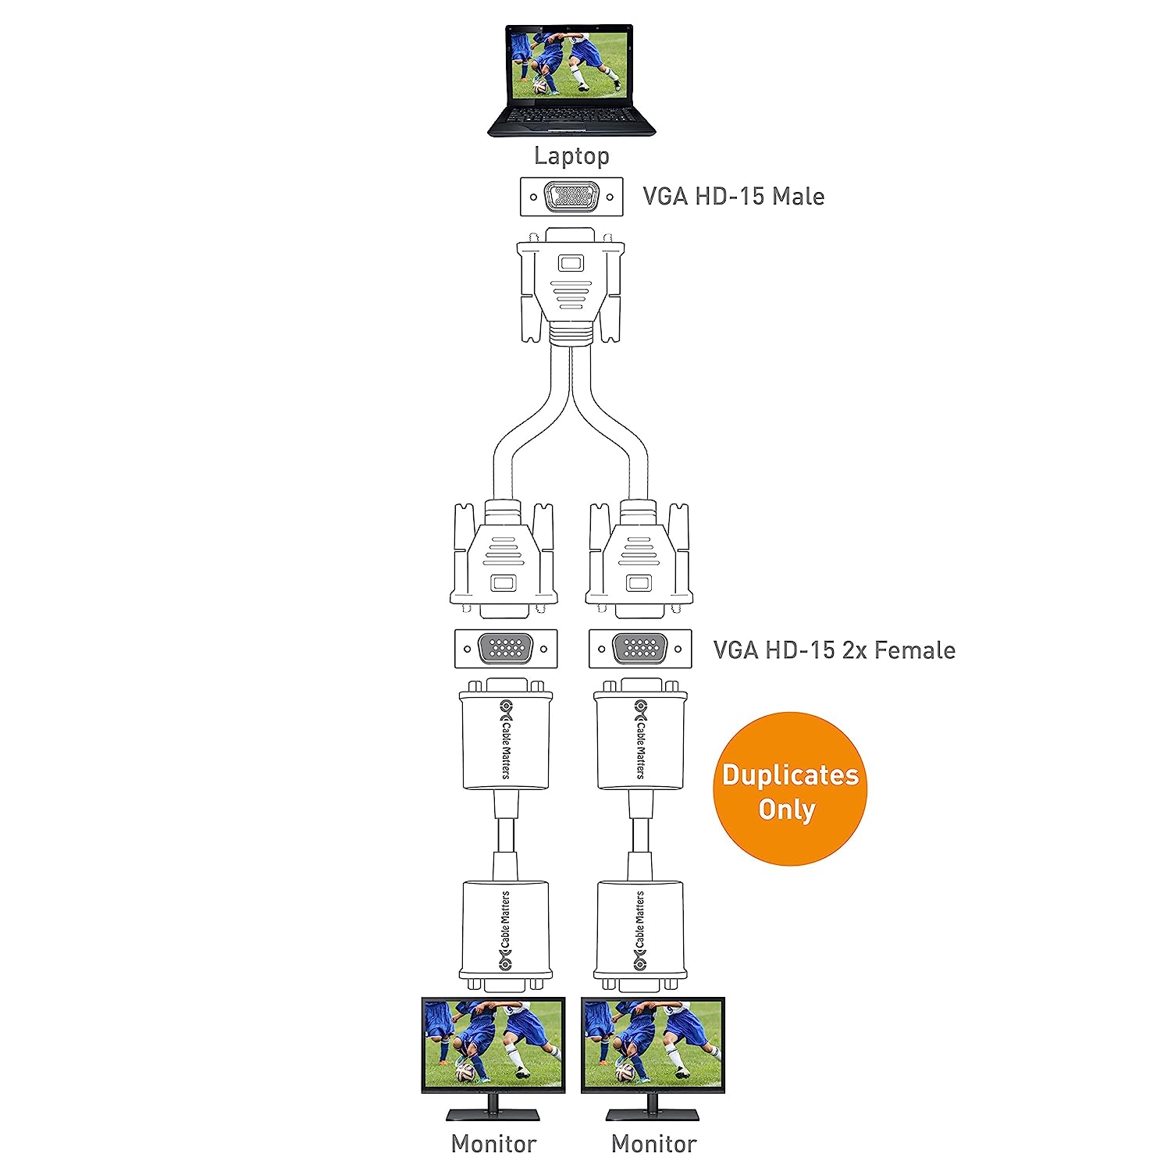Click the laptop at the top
point(571,78)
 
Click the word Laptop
point(571,155)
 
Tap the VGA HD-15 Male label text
point(733,196)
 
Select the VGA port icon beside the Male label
point(571,197)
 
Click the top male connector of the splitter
point(571,285)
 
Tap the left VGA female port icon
point(506,649)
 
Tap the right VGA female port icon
point(640,649)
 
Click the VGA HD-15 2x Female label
point(834,650)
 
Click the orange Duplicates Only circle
point(789,788)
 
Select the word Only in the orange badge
point(787,810)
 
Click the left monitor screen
point(493,1045)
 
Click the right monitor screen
point(653,1045)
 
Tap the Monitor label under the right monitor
point(653,1144)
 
